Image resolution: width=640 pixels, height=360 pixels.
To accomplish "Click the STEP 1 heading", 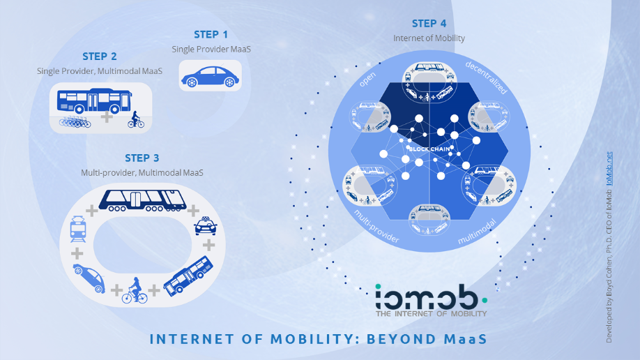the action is (211, 35).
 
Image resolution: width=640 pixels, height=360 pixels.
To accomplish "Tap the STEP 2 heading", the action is (100, 57).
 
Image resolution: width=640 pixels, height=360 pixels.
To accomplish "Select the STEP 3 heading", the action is (142, 158).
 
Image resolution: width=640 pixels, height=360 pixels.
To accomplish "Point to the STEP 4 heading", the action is (429, 24).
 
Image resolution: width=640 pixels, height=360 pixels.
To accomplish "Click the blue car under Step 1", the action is (211, 77).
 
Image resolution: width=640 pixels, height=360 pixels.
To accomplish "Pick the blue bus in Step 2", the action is (94, 100).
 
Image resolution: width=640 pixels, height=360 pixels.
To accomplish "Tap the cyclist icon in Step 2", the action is (135, 119).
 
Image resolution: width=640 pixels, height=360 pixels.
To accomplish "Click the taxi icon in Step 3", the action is (206, 226).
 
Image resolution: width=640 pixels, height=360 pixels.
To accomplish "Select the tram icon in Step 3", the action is (78, 230).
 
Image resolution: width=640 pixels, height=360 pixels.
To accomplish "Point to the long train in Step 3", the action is (142, 200).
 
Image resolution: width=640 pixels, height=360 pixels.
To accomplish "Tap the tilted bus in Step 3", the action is (188, 276).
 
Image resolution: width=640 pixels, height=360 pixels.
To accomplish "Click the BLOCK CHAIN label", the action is (429, 149).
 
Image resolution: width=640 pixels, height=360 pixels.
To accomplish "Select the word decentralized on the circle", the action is (486, 77).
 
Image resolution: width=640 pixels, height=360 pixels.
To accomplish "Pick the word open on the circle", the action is (367, 80).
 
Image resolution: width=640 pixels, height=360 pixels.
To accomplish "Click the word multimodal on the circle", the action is (477, 232).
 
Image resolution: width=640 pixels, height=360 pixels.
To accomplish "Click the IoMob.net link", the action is (609, 168).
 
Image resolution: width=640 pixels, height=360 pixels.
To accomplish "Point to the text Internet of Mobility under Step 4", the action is (429, 38).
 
